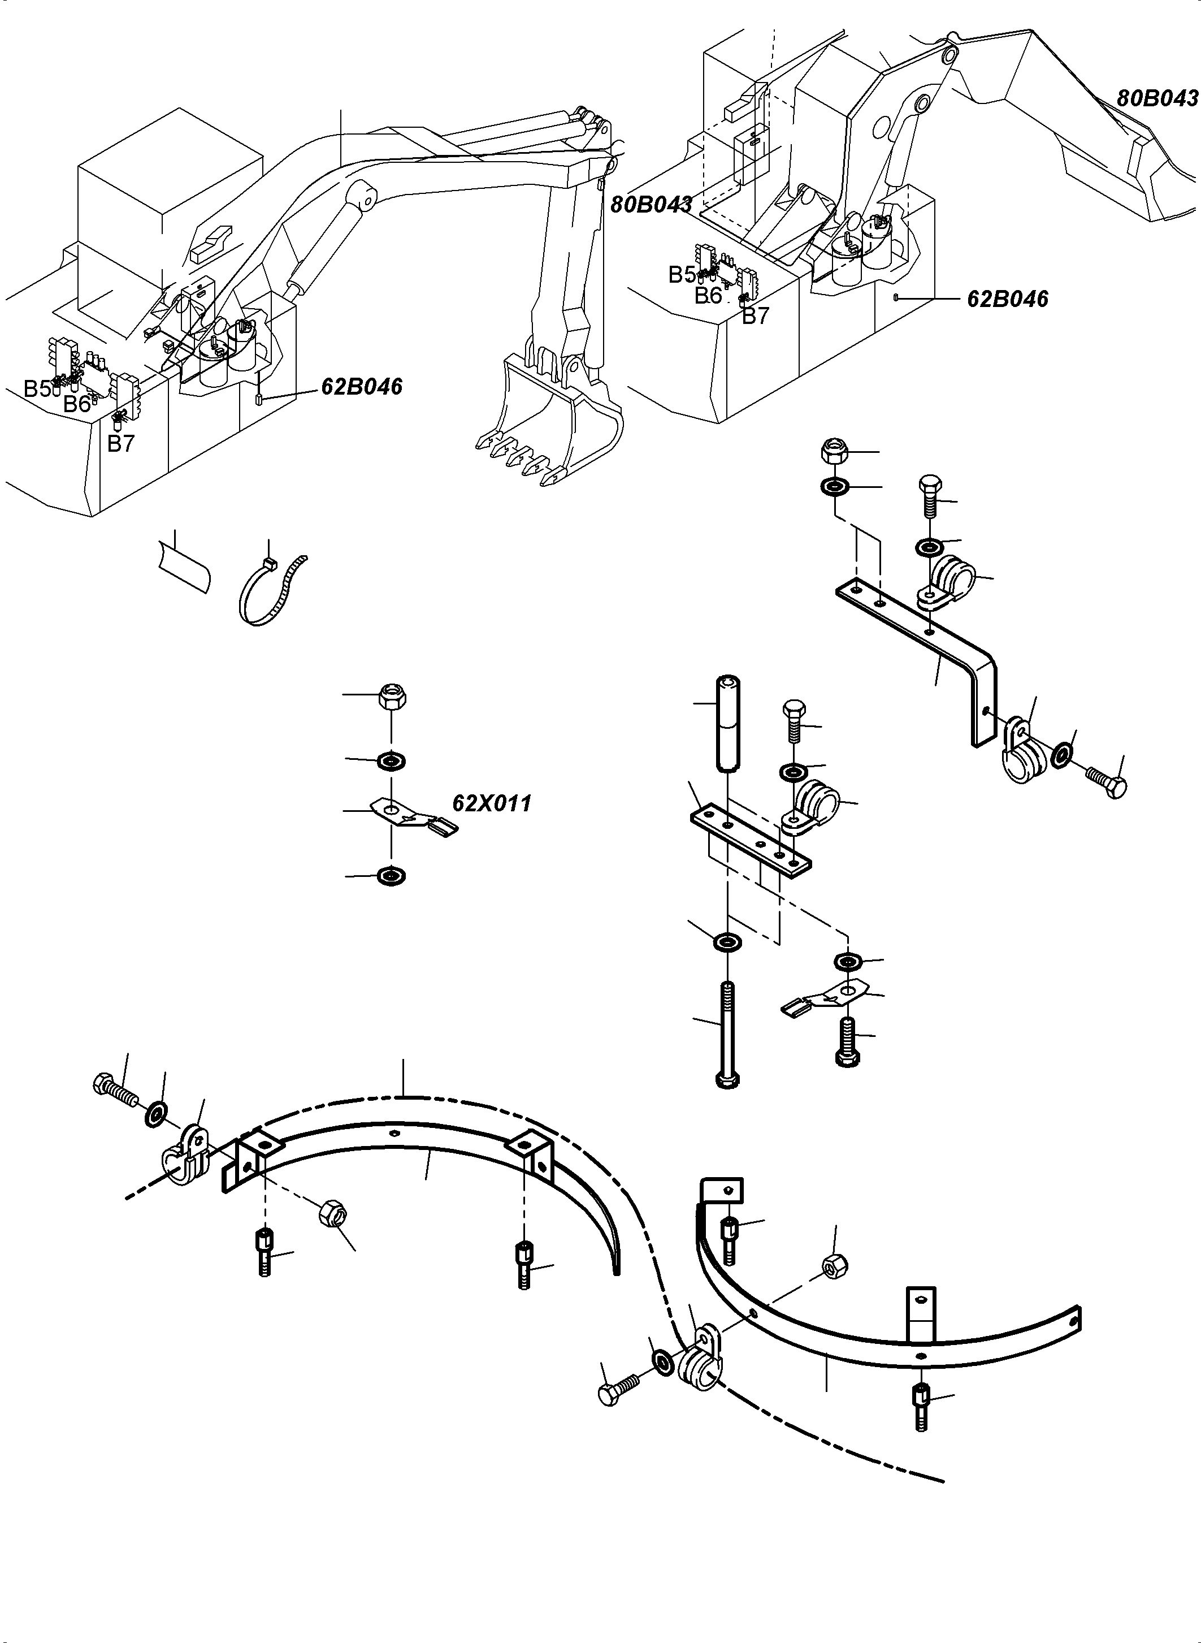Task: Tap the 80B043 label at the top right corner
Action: click(1157, 98)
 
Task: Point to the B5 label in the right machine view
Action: click(681, 274)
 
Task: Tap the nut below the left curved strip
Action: click(335, 1212)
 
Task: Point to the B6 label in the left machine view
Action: click(76, 404)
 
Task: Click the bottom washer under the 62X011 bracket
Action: click(392, 876)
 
